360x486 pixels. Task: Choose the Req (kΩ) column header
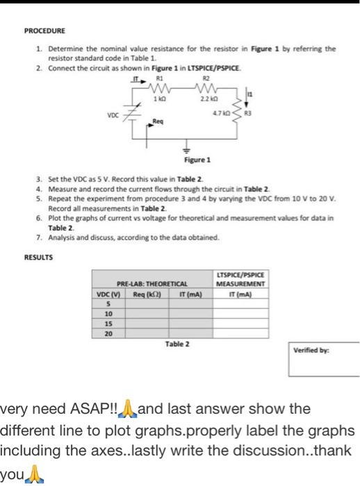[x=141, y=294]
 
